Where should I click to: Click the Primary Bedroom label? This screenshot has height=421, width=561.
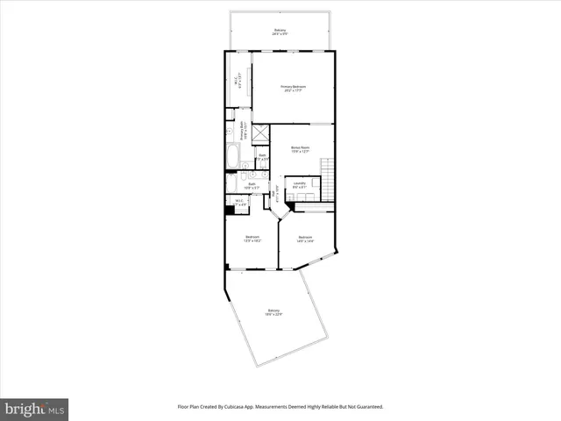tap(292, 89)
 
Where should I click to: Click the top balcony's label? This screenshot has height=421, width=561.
tap(280, 32)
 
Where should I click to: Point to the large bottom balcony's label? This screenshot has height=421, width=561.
tap(274, 313)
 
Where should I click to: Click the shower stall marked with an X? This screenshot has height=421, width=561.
tap(260, 133)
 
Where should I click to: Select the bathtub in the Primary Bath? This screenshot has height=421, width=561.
tap(232, 157)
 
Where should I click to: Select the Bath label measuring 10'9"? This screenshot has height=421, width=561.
tap(251, 185)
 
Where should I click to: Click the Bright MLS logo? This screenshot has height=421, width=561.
tap(35, 409)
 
